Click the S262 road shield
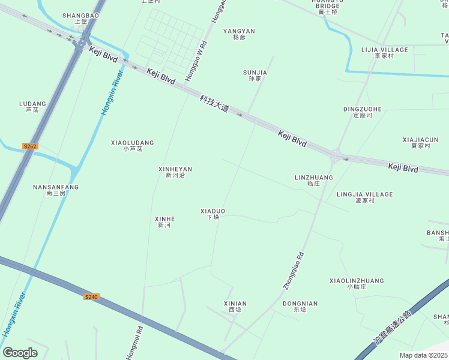(x=30, y=146)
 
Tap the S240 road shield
(x=91, y=297)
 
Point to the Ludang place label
(x=32, y=106)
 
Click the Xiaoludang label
(x=133, y=145)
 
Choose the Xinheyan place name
(x=175, y=172)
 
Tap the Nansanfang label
(x=56, y=190)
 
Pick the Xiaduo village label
(x=212, y=214)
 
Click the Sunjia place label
(x=255, y=75)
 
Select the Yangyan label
(x=239, y=34)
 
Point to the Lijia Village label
(x=384, y=52)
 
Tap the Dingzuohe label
(x=362, y=112)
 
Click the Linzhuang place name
(x=314, y=180)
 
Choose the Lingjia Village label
(x=364, y=197)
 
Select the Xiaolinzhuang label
(x=357, y=283)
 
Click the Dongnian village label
(x=300, y=307)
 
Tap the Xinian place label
(x=235, y=307)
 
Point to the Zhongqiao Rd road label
(x=294, y=270)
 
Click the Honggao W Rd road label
(x=196, y=60)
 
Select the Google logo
(x=20, y=353)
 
